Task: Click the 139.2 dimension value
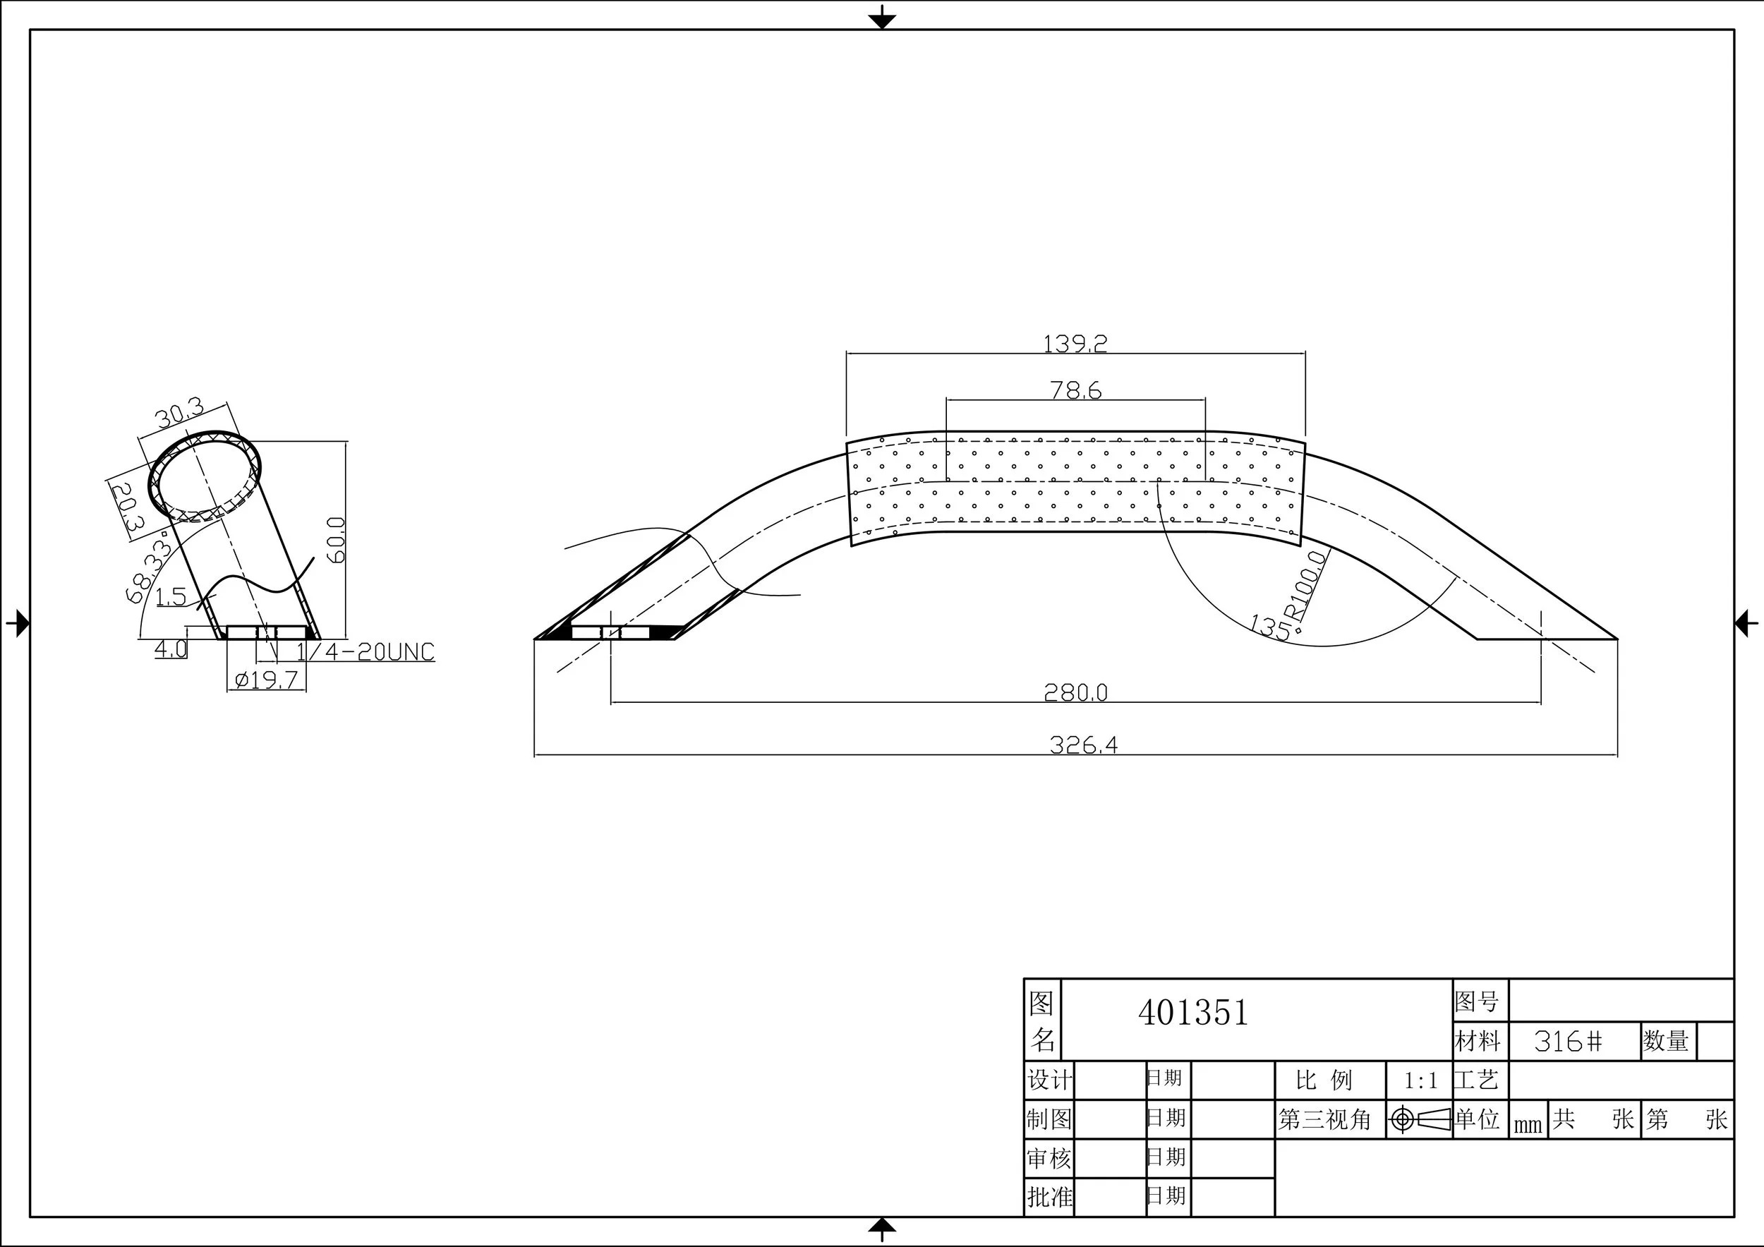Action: click(x=1075, y=343)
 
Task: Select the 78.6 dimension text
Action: click(x=1075, y=390)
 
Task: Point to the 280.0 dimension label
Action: click(x=1075, y=692)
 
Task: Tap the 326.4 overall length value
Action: click(x=1083, y=745)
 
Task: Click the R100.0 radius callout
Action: click(x=1306, y=586)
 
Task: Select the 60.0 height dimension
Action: click(x=337, y=540)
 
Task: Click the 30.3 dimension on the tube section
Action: click(x=180, y=414)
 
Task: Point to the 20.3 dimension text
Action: click(x=127, y=507)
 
